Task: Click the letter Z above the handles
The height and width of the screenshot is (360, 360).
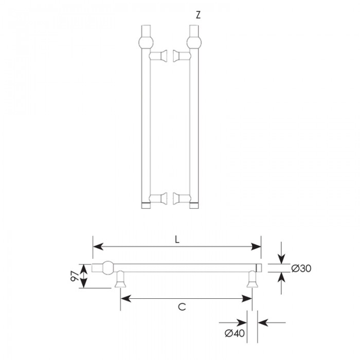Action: point(198,15)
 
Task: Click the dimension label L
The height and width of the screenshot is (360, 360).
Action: point(177,240)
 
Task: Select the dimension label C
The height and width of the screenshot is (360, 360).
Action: point(182,307)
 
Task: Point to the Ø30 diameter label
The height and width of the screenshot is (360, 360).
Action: point(301,268)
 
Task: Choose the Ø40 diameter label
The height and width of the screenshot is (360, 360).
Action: point(235,333)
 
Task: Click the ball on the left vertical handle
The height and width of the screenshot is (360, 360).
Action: point(146,43)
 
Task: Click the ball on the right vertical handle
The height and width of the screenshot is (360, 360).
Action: point(194,43)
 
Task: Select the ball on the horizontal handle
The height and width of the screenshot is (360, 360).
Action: point(107,267)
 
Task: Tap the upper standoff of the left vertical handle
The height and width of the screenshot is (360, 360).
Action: point(158,56)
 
